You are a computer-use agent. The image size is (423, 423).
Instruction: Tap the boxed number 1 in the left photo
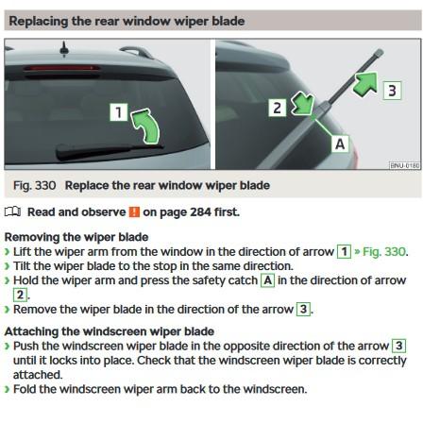pyautogui.click(x=119, y=112)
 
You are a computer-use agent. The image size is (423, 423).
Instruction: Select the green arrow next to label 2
pyautogui.click(x=302, y=104)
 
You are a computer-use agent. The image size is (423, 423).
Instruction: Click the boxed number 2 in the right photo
pyautogui.click(x=277, y=108)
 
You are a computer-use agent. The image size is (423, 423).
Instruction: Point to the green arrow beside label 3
pyautogui.click(x=367, y=83)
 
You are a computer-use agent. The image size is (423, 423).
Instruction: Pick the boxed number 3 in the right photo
pyautogui.click(x=392, y=91)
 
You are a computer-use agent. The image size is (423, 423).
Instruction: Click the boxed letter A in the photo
pyautogui.click(x=340, y=144)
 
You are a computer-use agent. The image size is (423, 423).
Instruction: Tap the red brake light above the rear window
pyautogui.click(x=61, y=68)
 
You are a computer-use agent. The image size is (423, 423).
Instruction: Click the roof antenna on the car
pyautogui.click(x=64, y=49)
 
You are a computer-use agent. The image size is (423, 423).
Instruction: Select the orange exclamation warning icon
pyautogui.click(x=134, y=211)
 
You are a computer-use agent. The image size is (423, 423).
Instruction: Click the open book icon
pyautogui.click(x=13, y=211)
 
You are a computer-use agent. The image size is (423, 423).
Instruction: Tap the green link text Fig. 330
pyautogui.click(x=384, y=252)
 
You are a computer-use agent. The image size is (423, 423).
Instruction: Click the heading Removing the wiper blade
pyautogui.click(x=76, y=237)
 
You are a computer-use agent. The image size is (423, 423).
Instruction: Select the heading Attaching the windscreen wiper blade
pyautogui.click(x=110, y=331)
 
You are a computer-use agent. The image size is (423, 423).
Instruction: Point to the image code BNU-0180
pyautogui.click(x=405, y=165)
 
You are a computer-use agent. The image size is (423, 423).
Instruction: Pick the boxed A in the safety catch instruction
pyautogui.click(x=268, y=280)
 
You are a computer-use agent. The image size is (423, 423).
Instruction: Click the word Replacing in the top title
pyautogui.click(x=39, y=22)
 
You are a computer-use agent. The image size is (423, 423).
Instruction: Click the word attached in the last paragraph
pyautogui.click(x=38, y=375)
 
